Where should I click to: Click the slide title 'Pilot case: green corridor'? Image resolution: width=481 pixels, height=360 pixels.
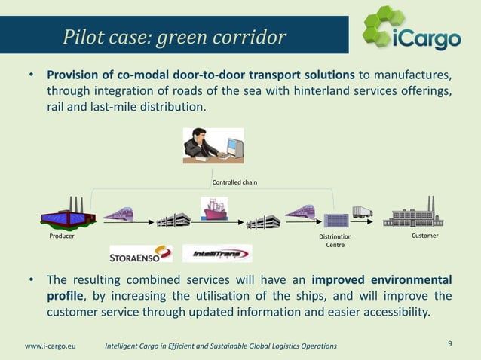point(174,37)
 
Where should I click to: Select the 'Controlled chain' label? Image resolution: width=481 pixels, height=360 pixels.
point(234,182)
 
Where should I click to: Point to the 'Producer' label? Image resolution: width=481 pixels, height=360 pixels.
point(62,236)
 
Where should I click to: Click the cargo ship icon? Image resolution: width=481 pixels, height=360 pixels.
point(216,209)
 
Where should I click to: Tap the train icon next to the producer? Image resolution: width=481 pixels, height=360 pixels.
point(119,214)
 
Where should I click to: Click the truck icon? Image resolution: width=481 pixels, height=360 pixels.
point(362,212)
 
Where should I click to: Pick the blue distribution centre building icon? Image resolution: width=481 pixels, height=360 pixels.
point(335,220)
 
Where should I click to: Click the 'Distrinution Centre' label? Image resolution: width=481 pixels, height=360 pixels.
point(335,241)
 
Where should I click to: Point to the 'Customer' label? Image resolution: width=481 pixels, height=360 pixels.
point(425,236)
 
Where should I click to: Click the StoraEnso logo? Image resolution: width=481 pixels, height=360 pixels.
point(141,254)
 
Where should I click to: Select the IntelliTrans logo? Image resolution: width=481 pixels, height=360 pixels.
point(217,254)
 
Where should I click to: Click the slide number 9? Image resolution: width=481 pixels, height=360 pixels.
point(450,344)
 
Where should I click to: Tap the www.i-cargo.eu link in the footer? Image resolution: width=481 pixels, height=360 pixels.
point(51,346)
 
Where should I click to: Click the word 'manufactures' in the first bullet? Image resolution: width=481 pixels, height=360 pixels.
point(416,76)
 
